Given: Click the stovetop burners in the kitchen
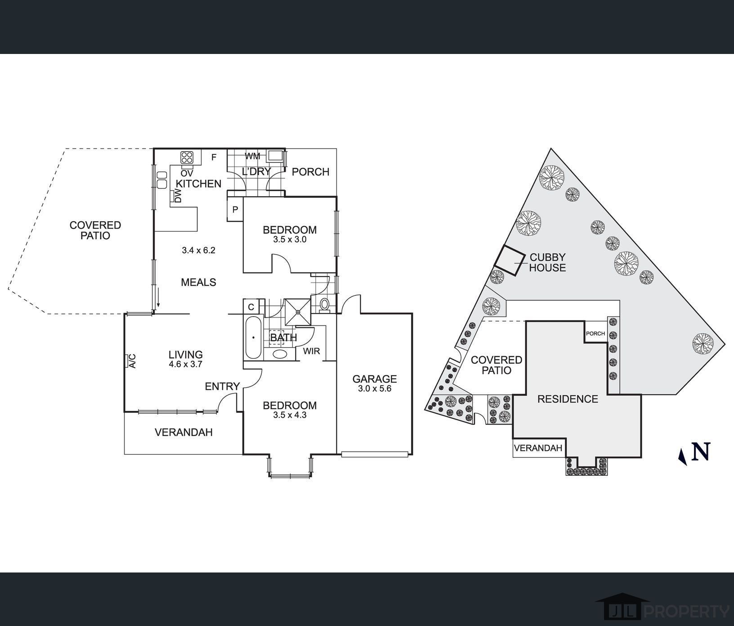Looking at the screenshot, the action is point(187,157).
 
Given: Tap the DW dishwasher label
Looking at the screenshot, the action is point(178,196).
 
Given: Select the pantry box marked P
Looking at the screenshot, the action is point(235,210).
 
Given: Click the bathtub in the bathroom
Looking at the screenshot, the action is point(253,337).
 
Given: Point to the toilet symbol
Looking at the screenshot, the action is point(324,304).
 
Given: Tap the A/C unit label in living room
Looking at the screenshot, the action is point(132,361).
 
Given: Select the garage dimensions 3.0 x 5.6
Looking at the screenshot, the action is point(375,389).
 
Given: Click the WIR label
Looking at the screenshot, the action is point(311,351).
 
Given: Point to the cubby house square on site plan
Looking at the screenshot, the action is point(510,260).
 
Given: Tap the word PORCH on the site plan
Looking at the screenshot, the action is point(595,334).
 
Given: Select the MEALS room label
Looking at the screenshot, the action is point(198,282).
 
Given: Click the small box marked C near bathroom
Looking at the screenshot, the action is point(251,307).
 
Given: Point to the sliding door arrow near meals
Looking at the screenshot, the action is point(158,297).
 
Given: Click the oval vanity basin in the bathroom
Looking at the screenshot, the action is point(280,354).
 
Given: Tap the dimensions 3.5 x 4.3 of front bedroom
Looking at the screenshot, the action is point(290,415).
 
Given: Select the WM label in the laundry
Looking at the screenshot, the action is point(253,156).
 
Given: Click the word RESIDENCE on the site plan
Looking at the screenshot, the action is point(568,399).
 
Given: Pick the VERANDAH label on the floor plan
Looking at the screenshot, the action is point(183,433).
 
